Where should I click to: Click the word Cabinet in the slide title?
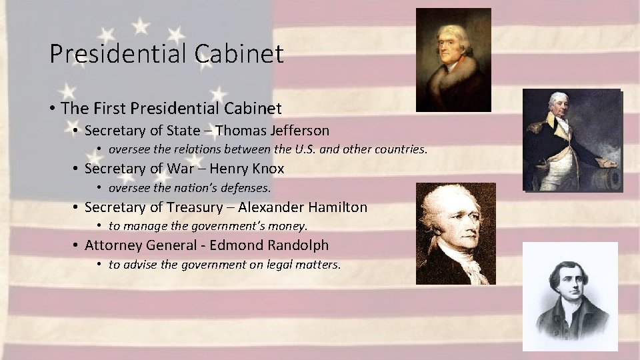pyautogui.click(x=239, y=53)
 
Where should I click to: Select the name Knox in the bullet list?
pyautogui.click(x=269, y=169)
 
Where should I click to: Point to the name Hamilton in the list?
pyautogui.click(x=336, y=207)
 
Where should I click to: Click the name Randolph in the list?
pyautogui.click(x=297, y=245)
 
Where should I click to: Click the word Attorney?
pyautogui.click(x=112, y=245)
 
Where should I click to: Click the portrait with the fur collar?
pyautogui.click(x=453, y=59)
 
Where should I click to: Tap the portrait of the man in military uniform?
pyautogui.click(x=572, y=140)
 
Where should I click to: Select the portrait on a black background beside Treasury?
pyautogui.click(x=456, y=233)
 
